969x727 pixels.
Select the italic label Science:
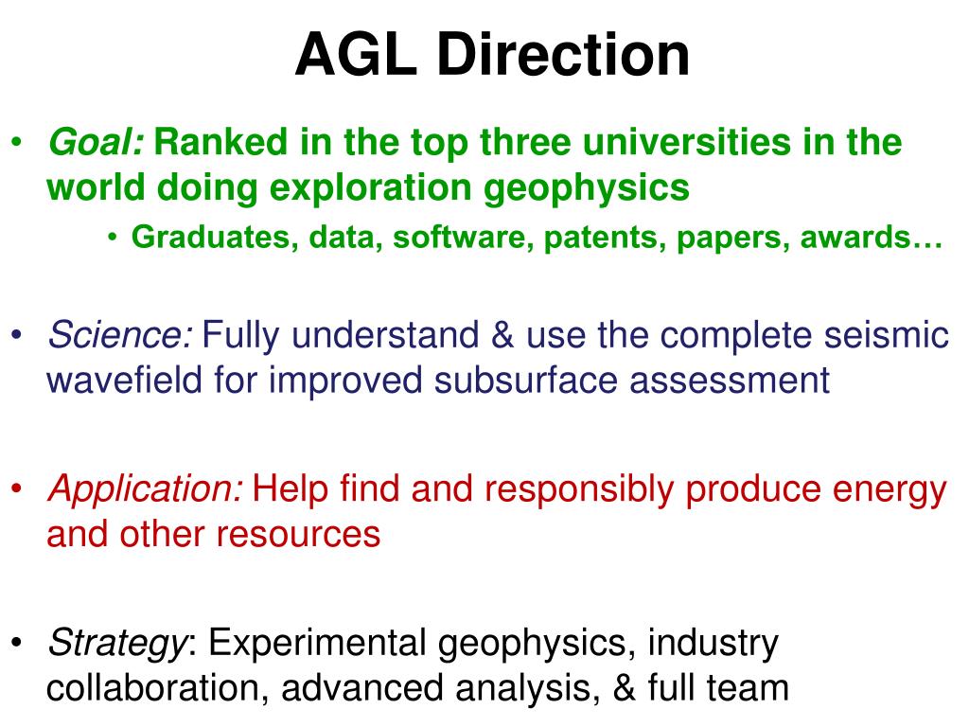click(120, 335)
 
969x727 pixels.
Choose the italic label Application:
click(146, 489)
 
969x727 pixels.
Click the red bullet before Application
click(20, 490)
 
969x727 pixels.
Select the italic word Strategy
click(115, 644)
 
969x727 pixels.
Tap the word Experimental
click(317, 644)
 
